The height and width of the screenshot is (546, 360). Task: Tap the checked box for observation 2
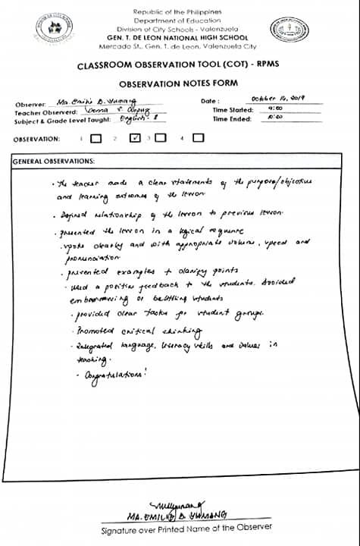pyautogui.click(x=135, y=139)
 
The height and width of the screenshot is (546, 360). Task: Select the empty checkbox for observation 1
pyautogui.click(x=95, y=139)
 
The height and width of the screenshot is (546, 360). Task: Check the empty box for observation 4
pyautogui.click(x=198, y=139)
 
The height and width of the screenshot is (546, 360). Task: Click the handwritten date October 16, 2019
pyautogui.click(x=277, y=99)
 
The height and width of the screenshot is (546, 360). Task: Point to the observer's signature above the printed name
pyautogui.click(x=177, y=504)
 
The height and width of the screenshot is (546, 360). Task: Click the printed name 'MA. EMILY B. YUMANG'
pyautogui.click(x=178, y=516)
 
